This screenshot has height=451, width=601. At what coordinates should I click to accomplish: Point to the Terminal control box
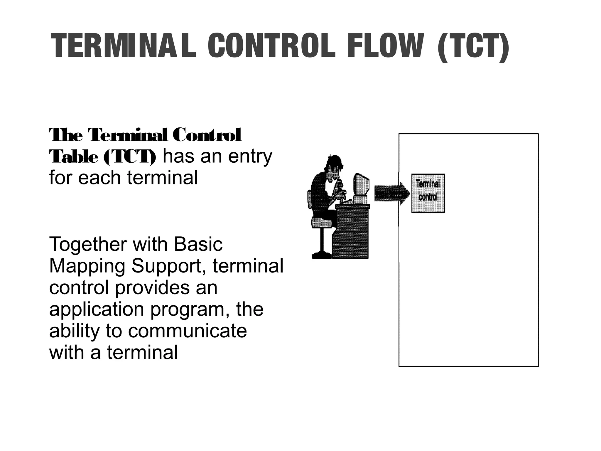coord(428,193)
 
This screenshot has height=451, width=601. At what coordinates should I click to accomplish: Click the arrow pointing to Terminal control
coord(392,193)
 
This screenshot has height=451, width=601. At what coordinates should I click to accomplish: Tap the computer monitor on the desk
coord(361,188)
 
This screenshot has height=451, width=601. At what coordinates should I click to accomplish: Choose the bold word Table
coord(74,157)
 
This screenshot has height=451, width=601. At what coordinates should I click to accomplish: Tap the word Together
coord(88,244)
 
